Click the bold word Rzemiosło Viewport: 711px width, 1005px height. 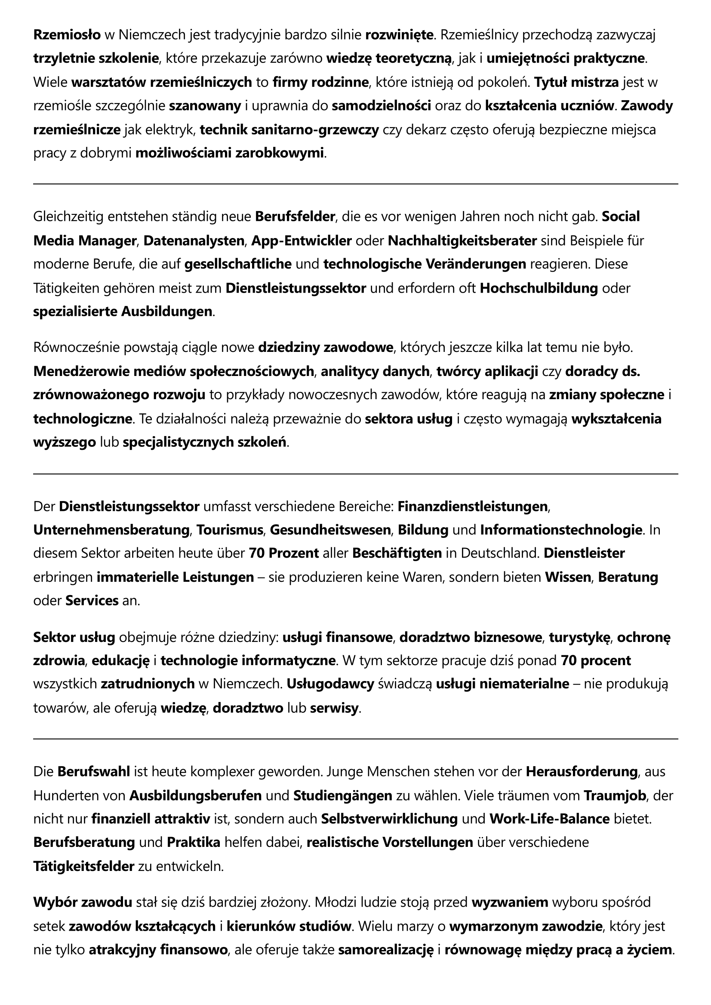(x=67, y=34)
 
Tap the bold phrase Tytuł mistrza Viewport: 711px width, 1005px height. (x=576, y=82)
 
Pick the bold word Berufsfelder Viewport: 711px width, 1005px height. (x=295, y=216)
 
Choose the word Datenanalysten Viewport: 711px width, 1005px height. (x=194, y=240)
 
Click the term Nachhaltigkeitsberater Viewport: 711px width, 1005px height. (x=462, y=240)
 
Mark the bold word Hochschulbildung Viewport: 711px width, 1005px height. (x=539, y=288)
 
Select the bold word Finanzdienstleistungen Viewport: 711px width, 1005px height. (x=473, y=507)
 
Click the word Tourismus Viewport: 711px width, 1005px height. (x=230, y=530)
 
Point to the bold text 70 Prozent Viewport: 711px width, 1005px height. (x=284, y=553)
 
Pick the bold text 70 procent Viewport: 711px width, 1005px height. (x=596, y=660)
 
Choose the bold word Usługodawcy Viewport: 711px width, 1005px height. (x=330, y=684)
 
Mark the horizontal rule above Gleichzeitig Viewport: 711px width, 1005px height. (x=355, y=184)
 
